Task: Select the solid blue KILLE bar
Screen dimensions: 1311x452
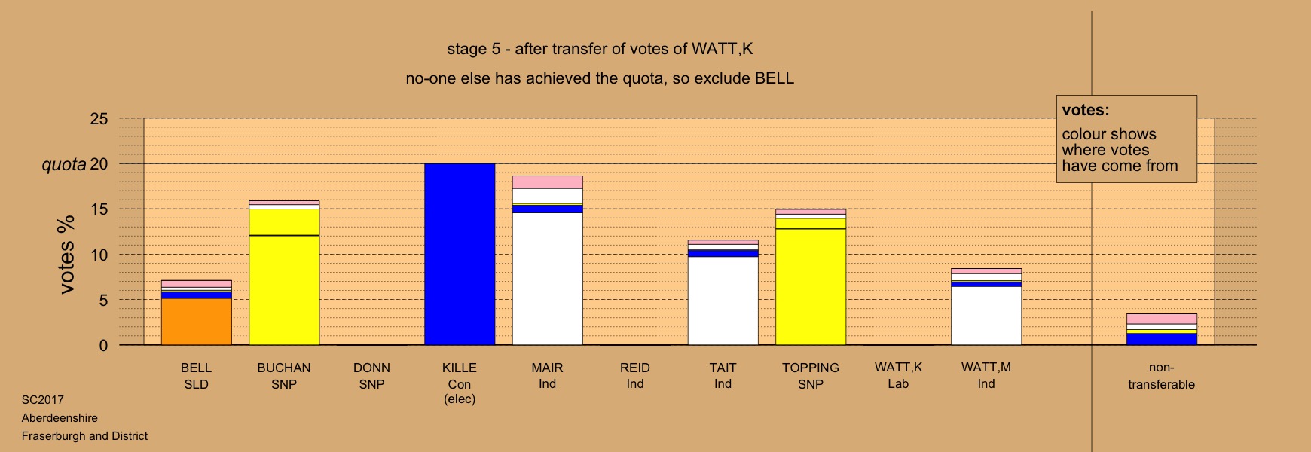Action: pos(460,255)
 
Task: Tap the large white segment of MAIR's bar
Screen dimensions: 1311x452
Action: pos(548,279)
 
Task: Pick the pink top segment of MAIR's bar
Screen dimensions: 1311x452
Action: pos(548,182)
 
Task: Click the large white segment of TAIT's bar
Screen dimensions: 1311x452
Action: pos(723,301)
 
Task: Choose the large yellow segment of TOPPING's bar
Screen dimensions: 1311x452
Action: pos(811,287)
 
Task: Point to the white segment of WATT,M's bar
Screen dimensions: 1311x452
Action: pos(986,316)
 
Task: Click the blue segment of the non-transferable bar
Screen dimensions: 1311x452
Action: pos(1162,339)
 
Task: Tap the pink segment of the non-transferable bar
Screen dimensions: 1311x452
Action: pos(1162,319)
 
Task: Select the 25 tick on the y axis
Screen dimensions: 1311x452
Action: pos(99,119)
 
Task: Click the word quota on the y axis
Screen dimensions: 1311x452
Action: pos(64,164)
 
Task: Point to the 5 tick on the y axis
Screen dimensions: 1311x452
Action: pos(104,301)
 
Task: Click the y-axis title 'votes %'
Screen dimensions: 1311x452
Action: pos(67,255)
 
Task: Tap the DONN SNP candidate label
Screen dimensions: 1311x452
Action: pos(371,376)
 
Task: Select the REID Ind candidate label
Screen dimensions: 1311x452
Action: pos(635,376)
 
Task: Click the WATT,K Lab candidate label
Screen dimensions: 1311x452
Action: pos(898,376)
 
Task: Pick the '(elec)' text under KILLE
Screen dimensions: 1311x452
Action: pos(460,399)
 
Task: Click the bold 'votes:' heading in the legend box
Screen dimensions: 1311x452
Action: pos(1086,110)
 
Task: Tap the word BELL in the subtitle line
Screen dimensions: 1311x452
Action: pos(775,78)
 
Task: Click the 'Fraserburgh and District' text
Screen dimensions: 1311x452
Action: pos(84,436)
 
